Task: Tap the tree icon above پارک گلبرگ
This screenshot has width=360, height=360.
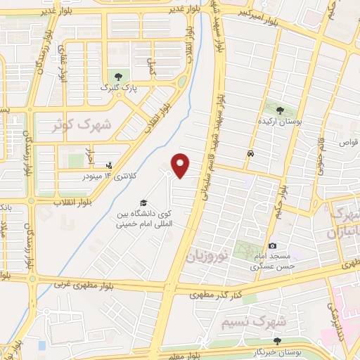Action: coord(117,76)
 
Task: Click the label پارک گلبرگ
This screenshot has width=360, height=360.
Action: coord(116,88)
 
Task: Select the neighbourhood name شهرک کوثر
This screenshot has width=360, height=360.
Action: coord(82,125)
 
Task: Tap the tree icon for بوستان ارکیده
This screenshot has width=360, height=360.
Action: coord(280,110)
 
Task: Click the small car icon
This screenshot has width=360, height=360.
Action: coord(250,153)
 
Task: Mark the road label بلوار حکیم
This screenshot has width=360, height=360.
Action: coord(281,197)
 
